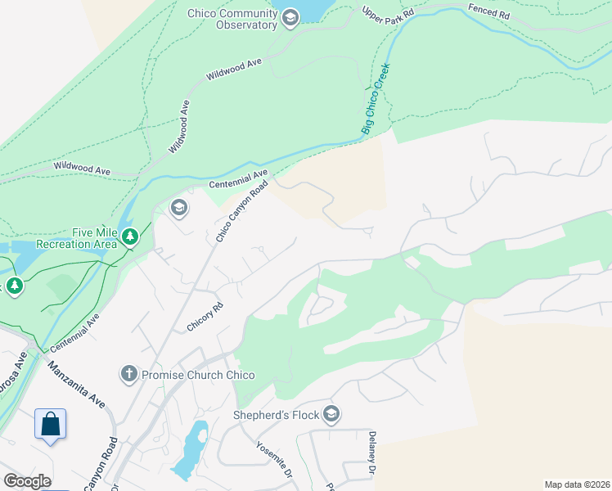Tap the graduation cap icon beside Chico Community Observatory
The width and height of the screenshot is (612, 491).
tap(290, 18)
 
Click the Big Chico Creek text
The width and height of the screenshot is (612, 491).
tap(376, 99)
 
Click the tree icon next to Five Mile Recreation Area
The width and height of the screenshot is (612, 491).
tap(129, 237)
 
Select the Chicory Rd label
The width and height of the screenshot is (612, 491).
tap(205, 317)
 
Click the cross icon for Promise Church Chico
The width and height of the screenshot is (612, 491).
tap(128, 374)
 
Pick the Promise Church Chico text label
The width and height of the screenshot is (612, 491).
tap(197, 375)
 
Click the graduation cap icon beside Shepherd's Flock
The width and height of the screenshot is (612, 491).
tap(331, 413)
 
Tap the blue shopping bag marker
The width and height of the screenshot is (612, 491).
tap(50, 425)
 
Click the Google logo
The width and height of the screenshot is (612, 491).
tap(27, 480)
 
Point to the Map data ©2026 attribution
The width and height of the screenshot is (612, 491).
tap(576, 484)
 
